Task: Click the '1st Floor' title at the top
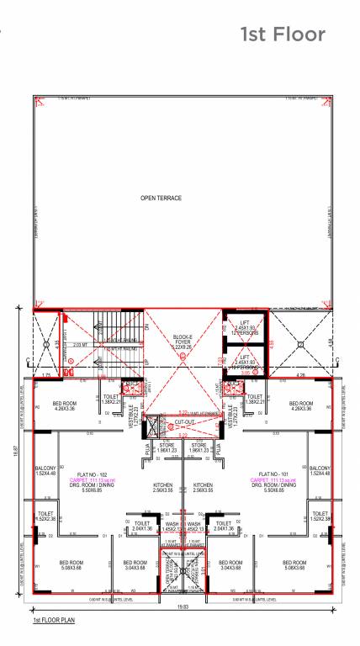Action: pyautogui.click(x=283, y=34)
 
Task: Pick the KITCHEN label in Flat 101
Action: pyautogui.click(x=203, y=487)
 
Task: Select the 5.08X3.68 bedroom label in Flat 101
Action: pyautogui.click(x=294, y=565)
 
